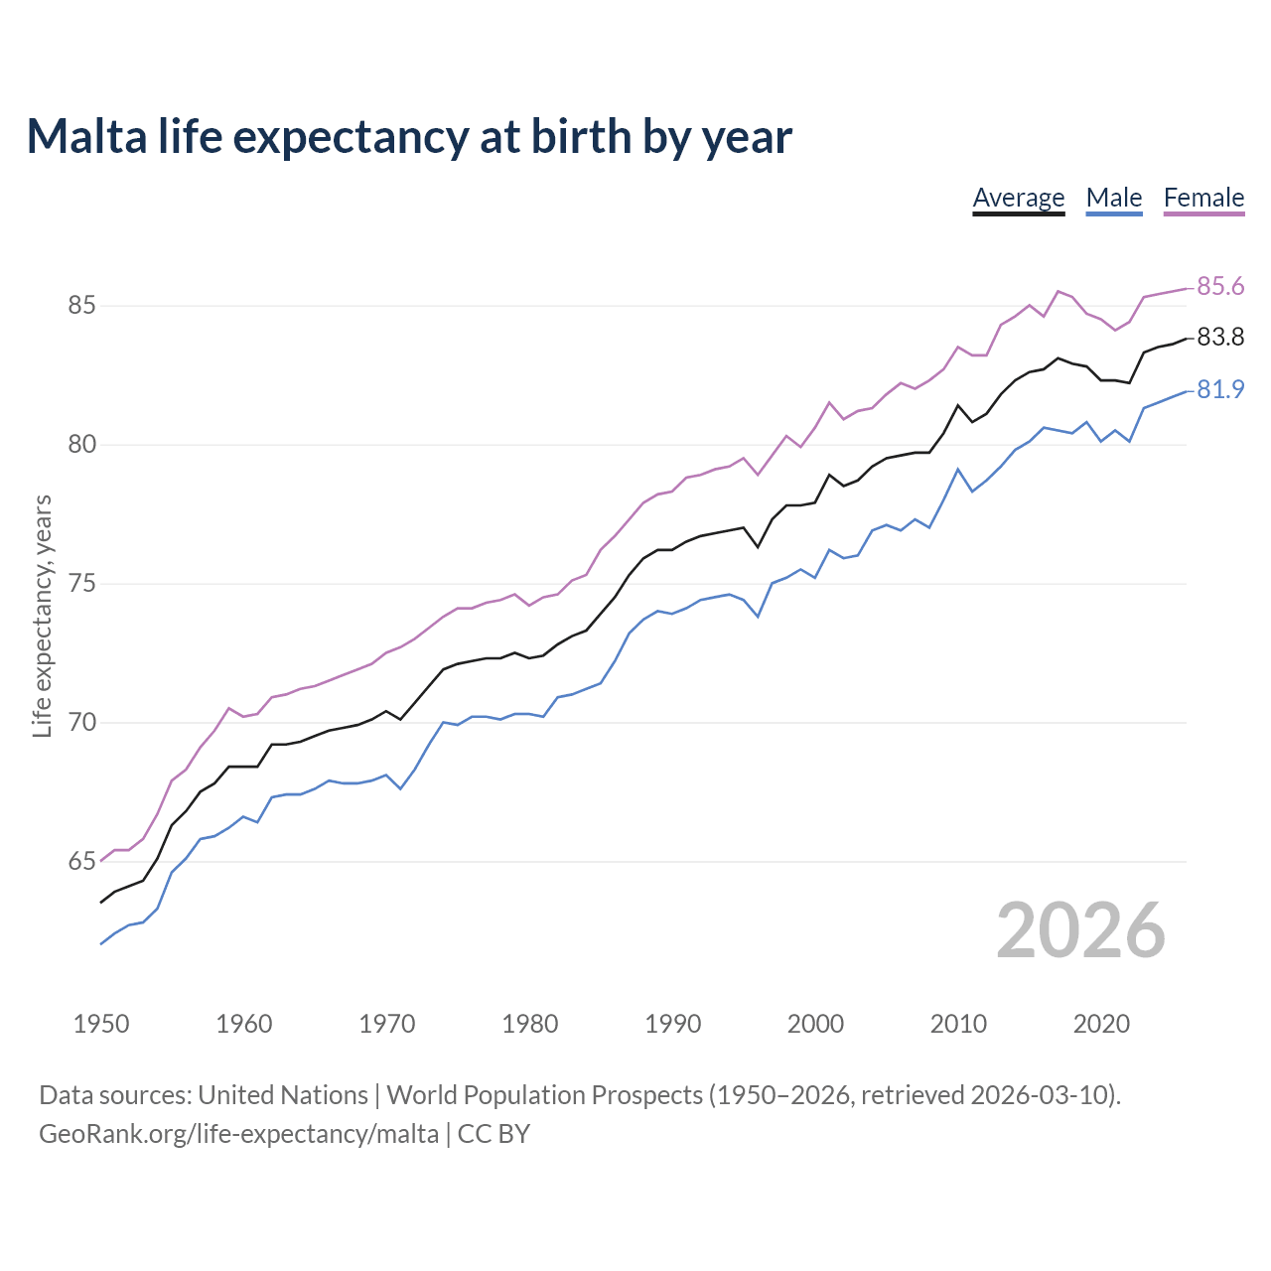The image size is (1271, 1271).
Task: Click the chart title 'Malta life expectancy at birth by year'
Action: point(409,137)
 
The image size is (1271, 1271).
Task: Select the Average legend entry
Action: point(1018,198)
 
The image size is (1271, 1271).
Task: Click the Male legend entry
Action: point(1113,198)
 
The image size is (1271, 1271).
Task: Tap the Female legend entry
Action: point(1203,198)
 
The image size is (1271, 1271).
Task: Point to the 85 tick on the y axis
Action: point(81,306)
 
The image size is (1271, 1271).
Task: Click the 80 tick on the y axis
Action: point(81,445)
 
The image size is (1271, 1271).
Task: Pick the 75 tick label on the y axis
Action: point(81,584)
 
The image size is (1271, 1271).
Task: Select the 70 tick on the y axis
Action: point(81,723)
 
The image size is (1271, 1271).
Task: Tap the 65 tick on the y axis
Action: point(81,862)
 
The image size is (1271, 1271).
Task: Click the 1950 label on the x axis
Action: point(101,1024)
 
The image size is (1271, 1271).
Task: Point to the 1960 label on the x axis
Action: point(244,1024)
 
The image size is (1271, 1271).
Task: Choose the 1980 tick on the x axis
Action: point(530,1024)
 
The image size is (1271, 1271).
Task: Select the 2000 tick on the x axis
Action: point(815,1024)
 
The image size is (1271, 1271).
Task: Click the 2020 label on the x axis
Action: point(1101,1024)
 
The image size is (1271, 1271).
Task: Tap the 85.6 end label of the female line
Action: point(1220,287)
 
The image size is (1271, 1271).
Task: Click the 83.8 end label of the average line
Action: point(1220,338)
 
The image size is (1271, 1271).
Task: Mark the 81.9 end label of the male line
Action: point(1220,390)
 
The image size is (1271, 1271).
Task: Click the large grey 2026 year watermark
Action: point(1080,930)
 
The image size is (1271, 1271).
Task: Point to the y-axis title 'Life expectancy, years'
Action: point(43,616)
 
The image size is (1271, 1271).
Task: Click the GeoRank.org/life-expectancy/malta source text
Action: point(238,1134)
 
